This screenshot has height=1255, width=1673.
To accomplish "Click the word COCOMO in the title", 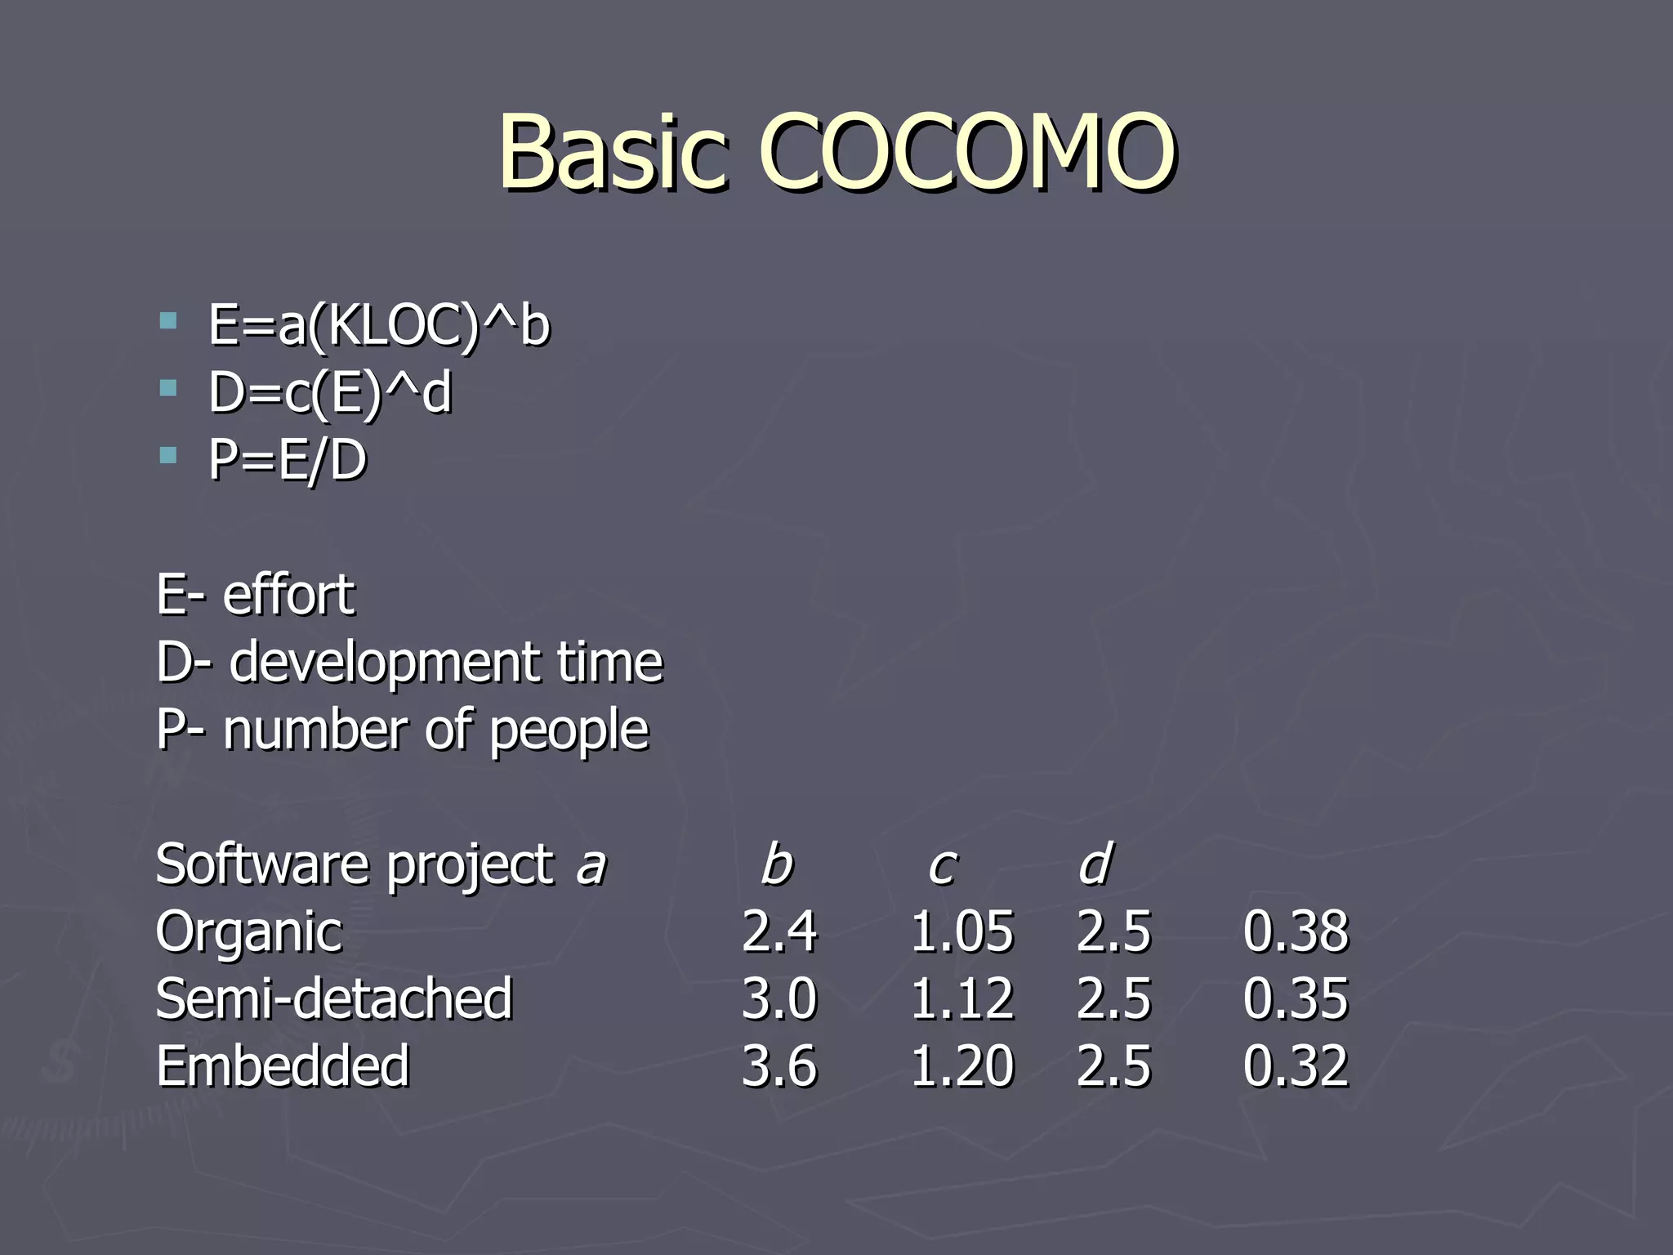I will (968, 152).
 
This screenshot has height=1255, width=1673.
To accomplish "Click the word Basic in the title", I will (613, 152).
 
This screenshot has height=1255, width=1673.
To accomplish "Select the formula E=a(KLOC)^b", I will (379, 325).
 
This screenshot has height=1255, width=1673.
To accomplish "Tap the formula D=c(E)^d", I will (329, 393).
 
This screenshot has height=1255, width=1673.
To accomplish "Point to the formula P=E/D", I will (288, 460).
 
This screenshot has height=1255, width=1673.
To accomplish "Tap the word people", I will (569, 730).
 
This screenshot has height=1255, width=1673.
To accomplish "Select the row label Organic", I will (249, 931).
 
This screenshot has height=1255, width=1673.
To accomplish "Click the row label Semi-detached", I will (334, 998).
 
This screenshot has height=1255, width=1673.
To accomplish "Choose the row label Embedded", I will (283, 1066).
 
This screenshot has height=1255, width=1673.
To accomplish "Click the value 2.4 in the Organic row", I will (779, 931).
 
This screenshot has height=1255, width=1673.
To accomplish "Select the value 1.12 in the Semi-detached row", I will (961, 998).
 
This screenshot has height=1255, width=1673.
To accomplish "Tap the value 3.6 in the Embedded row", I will (779, 1066).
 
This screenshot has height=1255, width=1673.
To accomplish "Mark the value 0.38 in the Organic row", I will (1296, 931).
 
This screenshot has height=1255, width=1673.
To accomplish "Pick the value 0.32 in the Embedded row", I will (1296, 1066).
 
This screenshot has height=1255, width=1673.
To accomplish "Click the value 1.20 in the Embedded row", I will (961, 1066).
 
